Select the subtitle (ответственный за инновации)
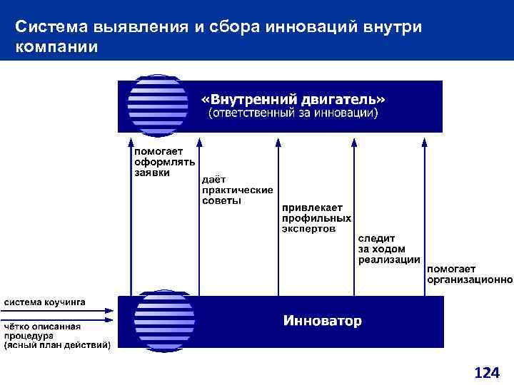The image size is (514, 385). click(x=293, y=113)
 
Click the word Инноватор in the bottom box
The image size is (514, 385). click(x=323, y=321)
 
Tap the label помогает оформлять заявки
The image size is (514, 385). click(x=159, y=162)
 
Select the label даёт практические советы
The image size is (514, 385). click(x=227, y=190)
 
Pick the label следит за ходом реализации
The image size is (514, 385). click(x=388, y=248)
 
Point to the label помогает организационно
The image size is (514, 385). click(x=469, y=274)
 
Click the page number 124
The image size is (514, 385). click(x=487, y=372)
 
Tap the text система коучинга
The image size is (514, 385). click(x=45, y=302)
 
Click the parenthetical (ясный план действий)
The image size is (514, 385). click(x=57, y=346)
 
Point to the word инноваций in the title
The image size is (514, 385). click(x=303, y=27)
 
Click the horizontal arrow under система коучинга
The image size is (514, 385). click(x=57, y=310)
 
